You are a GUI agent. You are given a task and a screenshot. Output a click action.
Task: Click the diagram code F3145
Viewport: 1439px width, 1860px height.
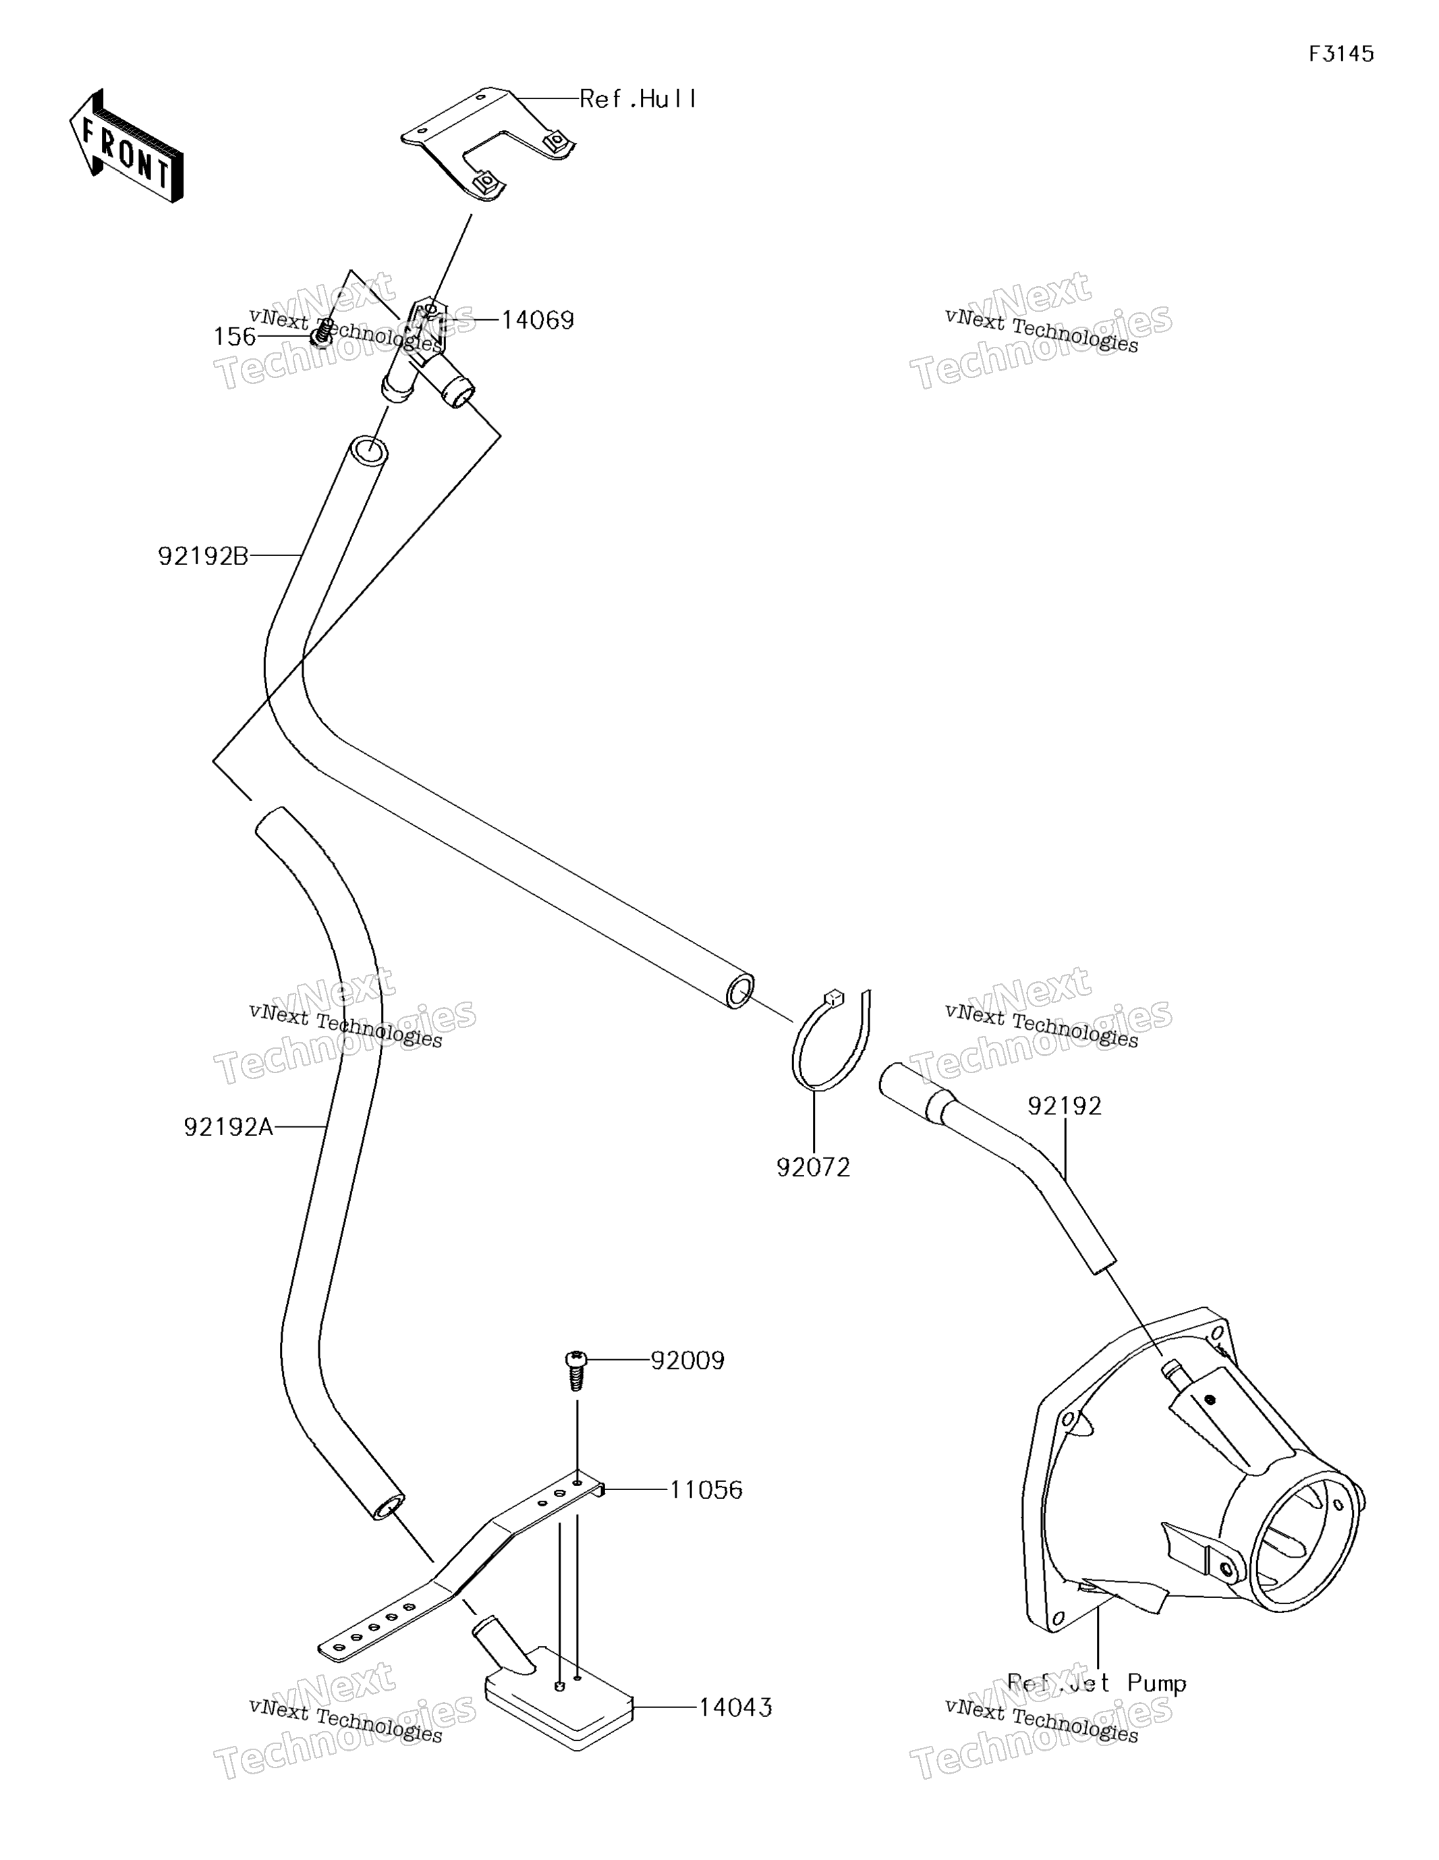pos(1341,55)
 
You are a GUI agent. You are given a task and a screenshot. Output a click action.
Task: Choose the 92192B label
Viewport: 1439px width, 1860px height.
pos(202,556)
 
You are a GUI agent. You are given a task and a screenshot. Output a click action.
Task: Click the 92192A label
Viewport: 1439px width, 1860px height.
pos(228,1127)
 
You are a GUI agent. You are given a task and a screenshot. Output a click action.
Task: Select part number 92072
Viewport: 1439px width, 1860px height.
pos(813,1168)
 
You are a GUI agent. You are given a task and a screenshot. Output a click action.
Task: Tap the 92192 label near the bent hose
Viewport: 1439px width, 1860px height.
pos(1065,1105)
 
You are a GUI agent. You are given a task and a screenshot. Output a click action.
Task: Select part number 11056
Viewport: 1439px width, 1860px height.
pos(706,1489)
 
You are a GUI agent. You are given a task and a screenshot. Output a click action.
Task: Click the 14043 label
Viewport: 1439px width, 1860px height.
pos(735,1707)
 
